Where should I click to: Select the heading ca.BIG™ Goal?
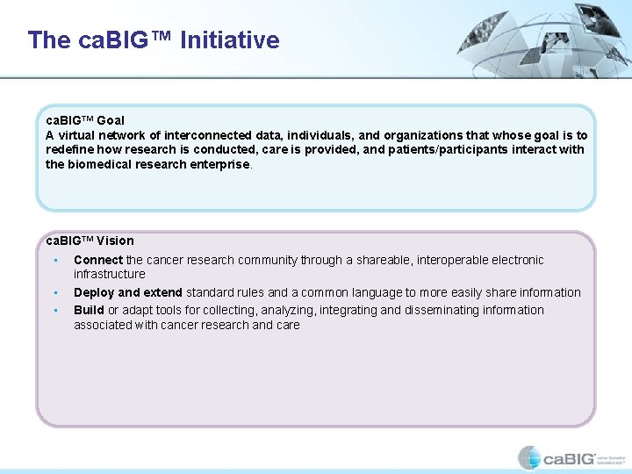tap(85, 120)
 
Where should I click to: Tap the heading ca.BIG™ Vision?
tap(90, 241)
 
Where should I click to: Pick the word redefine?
tap(68, 150)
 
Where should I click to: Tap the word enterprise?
tap(220, 164)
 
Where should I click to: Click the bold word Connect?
tap(98, 260)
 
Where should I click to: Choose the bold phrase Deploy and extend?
tap(128, 292)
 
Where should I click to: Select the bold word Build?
tap(89, 310)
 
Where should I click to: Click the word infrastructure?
tap(110, 274)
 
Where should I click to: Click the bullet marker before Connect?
tap(54, 260)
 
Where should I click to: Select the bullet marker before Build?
tap(54, 310)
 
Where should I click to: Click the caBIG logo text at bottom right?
tap(569, 458)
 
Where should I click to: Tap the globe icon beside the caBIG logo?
tap(529, 457)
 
